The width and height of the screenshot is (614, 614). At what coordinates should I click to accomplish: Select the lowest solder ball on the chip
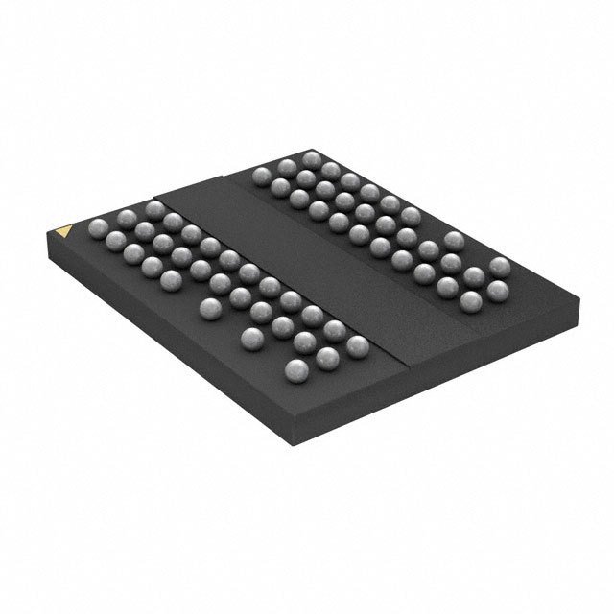pos(297,370)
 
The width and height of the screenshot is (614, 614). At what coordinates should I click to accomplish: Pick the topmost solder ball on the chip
pos(311,159)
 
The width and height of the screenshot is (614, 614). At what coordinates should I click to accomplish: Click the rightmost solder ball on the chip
pos(499,266)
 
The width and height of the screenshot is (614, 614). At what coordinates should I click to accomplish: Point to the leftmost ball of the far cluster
pos(261,175)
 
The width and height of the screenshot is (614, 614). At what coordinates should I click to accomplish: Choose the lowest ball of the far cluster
pos(471,301)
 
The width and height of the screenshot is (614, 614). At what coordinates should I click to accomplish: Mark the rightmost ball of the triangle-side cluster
pos(357,345)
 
